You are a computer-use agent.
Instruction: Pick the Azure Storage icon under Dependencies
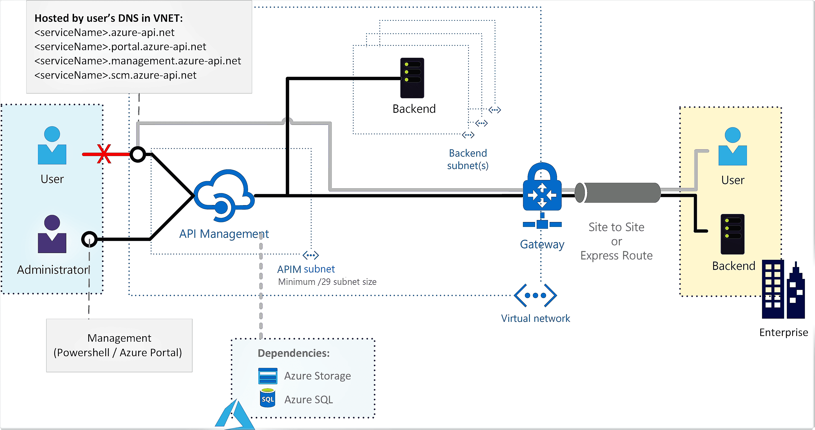coord(268,376)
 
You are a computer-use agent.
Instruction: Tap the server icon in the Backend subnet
coord(412,78)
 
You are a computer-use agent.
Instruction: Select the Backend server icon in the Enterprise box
coord(732,234)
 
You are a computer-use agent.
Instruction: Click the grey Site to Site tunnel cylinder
coord(619,193)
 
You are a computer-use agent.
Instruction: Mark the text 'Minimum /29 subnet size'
coord(327,282)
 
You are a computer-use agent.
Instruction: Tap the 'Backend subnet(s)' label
coord(468,159)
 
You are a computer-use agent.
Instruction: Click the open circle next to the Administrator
coord(89,239)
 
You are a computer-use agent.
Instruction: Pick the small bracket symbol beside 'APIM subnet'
coord(310,255)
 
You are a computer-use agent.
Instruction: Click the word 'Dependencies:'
coord(294,353)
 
